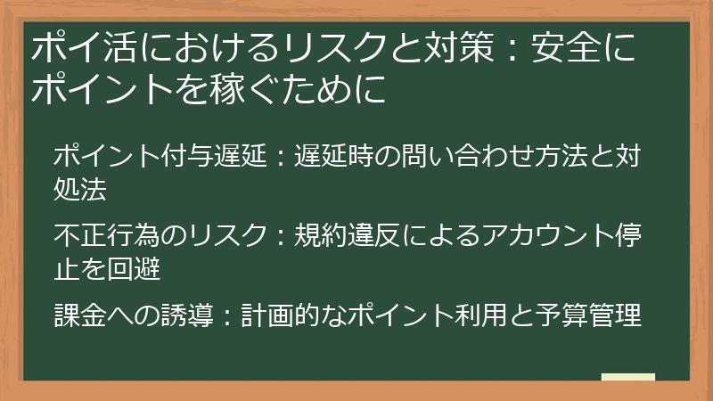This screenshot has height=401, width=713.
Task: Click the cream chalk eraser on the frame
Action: coord(627,378)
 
